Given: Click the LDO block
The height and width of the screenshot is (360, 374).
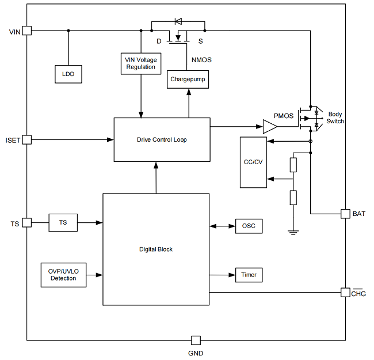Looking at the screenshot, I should tap(68, 74).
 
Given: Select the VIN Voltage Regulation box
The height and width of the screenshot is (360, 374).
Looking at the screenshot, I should tap(141, 63).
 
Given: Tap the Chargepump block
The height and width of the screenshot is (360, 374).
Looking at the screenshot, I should tap(188, 79).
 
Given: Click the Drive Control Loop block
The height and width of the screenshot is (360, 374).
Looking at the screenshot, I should tap(162, 140).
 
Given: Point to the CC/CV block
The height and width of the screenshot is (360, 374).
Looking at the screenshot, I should tap(253, 162).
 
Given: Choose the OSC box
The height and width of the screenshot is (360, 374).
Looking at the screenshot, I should tap(249, 226).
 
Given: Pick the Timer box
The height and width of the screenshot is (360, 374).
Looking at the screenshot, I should tap(249, 275).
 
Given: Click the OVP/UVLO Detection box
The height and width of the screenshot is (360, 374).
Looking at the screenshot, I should tap(63, 275).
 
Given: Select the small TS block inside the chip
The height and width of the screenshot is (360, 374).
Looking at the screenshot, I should tap(63, 222).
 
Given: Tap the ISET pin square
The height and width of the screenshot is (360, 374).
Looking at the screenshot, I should tap(26, 139).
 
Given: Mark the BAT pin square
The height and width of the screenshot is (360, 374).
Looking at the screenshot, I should tap(345, 214).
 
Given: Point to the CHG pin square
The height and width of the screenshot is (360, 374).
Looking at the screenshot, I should tap(345, 293).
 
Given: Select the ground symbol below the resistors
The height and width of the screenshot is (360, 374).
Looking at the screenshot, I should tap(293, 232).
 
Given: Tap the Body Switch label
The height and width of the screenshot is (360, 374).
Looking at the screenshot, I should tap(335, 118).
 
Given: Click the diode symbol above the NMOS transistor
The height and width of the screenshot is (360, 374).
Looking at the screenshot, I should tap(178, 22).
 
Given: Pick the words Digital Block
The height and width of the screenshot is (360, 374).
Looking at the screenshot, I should tap(156, 249).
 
